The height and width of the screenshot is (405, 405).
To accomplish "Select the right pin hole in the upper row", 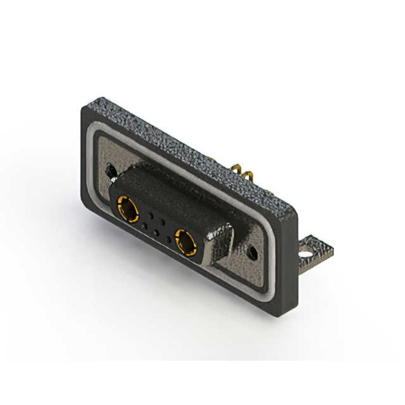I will point(164,223).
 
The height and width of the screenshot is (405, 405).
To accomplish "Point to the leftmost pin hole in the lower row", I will point(145,225).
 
